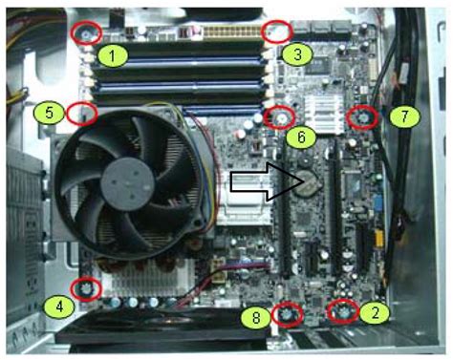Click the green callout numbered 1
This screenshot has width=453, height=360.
point(113,54)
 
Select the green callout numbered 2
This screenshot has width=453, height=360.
point(379,311)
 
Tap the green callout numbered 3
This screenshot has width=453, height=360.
point(297,54)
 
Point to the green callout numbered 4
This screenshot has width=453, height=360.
point(60,307)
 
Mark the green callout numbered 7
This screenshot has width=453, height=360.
point(403,116)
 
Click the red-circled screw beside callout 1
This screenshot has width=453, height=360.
point(87,32)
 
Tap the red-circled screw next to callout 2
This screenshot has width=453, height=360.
point(342,311)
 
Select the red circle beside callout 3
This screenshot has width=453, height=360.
point(276,32)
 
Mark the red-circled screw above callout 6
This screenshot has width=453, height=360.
point(280,116)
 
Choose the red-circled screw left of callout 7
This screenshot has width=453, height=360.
point(362,117)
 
